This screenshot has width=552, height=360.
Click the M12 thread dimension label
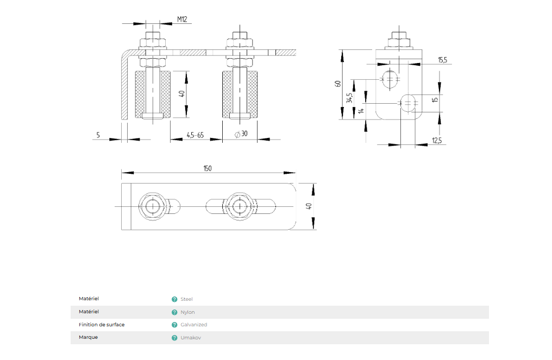(182, 20)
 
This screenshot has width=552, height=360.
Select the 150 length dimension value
(208, 168)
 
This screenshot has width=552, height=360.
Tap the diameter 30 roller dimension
(241, 135)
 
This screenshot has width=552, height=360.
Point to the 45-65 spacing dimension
(195, 135)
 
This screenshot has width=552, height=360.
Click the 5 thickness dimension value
(98, 135)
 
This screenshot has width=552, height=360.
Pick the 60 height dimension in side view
(338, 84)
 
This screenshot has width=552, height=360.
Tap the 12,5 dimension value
(437, 141)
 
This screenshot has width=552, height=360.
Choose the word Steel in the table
(186, 299)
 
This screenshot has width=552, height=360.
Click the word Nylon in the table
(187, 312)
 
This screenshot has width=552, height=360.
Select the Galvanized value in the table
(193, 325)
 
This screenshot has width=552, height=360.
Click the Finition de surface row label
(102, 325)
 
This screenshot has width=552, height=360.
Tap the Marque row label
(88, 337)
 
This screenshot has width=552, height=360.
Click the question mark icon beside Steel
(174, 299)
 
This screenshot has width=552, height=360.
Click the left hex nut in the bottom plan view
(154, 206)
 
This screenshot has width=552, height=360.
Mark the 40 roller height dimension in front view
(183, 93)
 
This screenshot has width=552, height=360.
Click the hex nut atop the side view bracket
(399, 42)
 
